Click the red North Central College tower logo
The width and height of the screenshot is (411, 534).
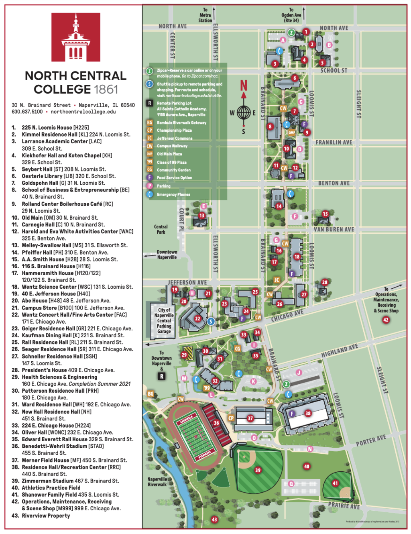click(76, 37)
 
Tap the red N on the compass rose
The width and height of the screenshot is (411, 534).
click(244, 86)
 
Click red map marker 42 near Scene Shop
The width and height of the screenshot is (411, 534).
click(386, 320)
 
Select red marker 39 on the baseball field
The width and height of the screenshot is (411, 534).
click(258, 470)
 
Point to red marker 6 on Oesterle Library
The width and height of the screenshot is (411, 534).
click(295, 78)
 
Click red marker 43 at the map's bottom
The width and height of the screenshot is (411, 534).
click(214, 520)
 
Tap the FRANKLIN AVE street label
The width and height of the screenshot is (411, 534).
click(334, 143)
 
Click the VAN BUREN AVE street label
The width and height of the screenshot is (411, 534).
click(334, 230)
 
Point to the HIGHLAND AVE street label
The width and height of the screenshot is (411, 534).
click(340, 351)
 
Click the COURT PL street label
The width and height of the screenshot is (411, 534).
click(181, 220)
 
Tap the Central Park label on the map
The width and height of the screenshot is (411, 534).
click(161, 229)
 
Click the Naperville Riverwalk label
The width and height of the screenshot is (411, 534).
click(157, 482)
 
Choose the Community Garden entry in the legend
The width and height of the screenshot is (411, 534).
click(173, 170)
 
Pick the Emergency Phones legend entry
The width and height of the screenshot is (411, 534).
click(173, 195)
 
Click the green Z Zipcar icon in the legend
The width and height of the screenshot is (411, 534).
click(149, 71)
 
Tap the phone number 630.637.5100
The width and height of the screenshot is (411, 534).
click(27, 112)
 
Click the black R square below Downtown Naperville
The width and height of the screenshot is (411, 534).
click(162, 376)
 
